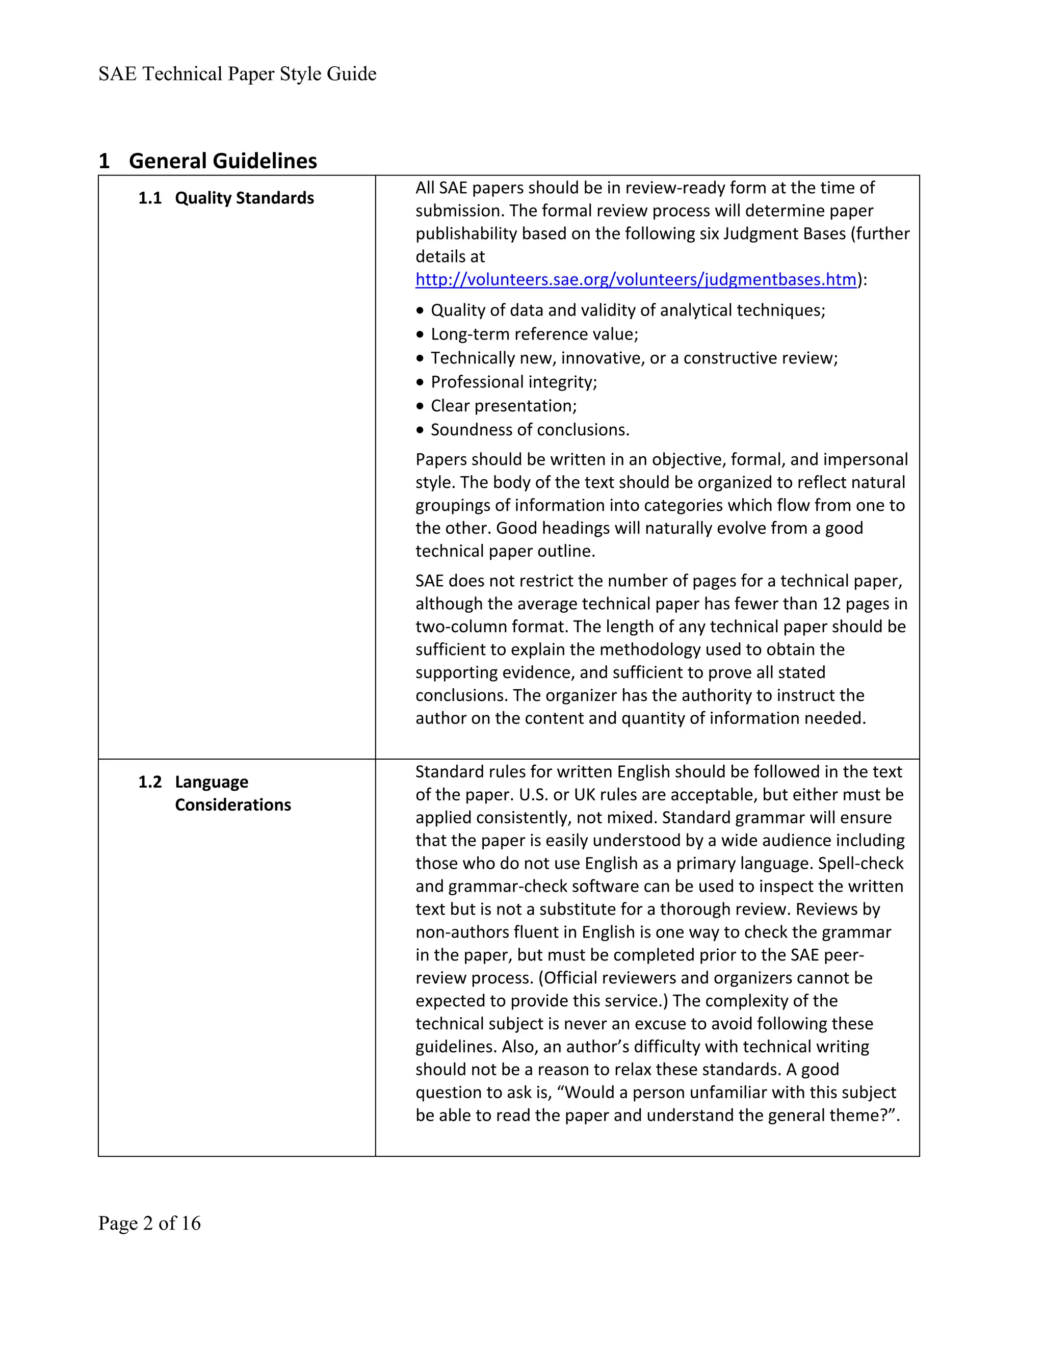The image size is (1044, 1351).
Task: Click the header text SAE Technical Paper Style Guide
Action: tap(237, 74)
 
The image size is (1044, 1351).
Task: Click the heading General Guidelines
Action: tap(223, 161)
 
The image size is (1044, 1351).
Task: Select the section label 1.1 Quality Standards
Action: tap(226, 198)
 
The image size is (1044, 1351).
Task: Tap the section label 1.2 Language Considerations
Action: tap(214, 793)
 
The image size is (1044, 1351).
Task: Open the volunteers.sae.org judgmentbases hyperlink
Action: tap(636, 279)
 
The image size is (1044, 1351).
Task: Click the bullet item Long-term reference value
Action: tap(534, 334)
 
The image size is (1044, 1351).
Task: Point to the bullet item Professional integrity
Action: tap(513, 382)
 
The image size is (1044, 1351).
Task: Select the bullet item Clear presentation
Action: tap(504, 406)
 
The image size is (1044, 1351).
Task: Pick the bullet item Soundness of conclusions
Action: tap(530, 430)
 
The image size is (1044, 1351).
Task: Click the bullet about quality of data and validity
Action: tap(627, 310)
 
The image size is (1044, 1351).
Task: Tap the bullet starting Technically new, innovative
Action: tap(634, 358)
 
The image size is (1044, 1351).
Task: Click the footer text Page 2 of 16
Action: tap(149, 1223)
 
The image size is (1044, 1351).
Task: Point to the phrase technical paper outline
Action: tap(505, 551)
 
